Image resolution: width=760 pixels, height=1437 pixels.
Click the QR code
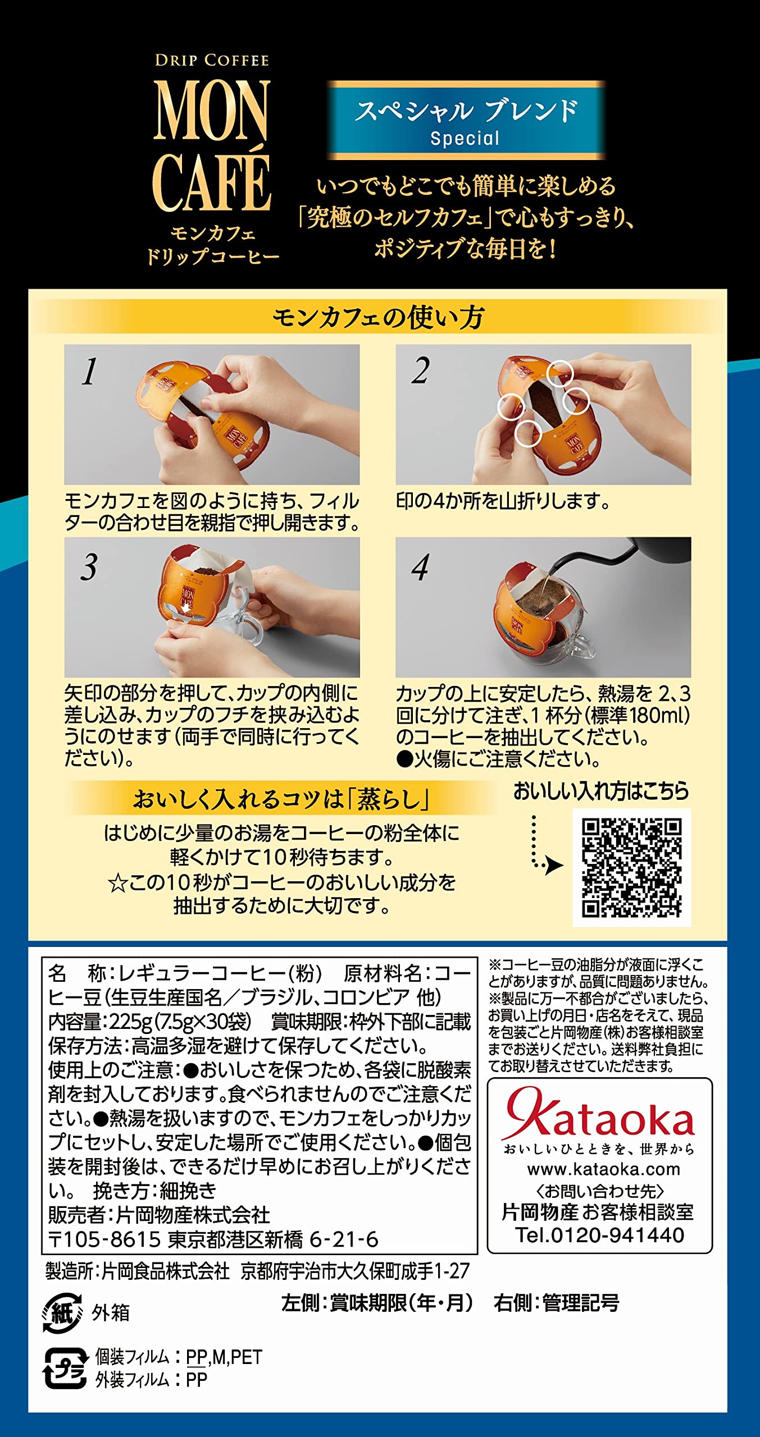632,867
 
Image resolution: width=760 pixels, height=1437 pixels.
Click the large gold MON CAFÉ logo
212,145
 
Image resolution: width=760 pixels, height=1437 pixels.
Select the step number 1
89,372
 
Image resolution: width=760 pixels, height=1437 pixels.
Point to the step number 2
421,371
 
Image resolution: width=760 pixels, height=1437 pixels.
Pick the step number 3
89,566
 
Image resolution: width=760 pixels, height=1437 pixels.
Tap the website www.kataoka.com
603,1170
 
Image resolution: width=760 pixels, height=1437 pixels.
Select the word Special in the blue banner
465,139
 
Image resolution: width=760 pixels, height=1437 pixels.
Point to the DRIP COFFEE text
212,60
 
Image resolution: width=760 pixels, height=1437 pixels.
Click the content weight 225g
131,1021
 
